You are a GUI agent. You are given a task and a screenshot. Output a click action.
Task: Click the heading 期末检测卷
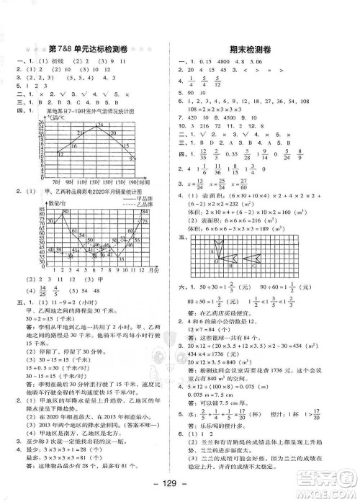[265, 48]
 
